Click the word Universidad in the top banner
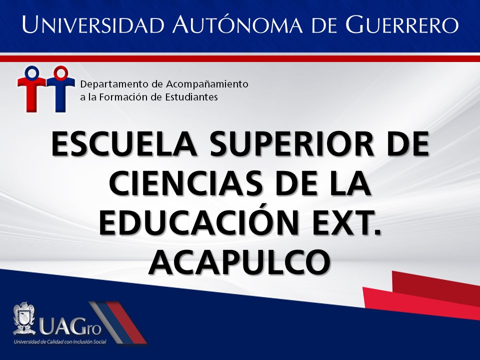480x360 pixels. (93, 24)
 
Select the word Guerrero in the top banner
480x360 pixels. (402, 24)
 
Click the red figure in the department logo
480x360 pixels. (31, 89)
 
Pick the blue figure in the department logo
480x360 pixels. (60, 89)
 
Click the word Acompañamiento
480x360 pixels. (207, 84)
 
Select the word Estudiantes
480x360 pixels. (191, 97)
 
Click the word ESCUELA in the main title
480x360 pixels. (124, 144)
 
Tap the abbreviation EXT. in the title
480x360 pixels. (347, 222)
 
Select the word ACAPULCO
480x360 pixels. (239, 262)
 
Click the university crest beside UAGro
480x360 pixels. (24, 318)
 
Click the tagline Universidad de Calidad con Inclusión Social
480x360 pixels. (60, 341)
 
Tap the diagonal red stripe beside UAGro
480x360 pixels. (126, 322)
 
